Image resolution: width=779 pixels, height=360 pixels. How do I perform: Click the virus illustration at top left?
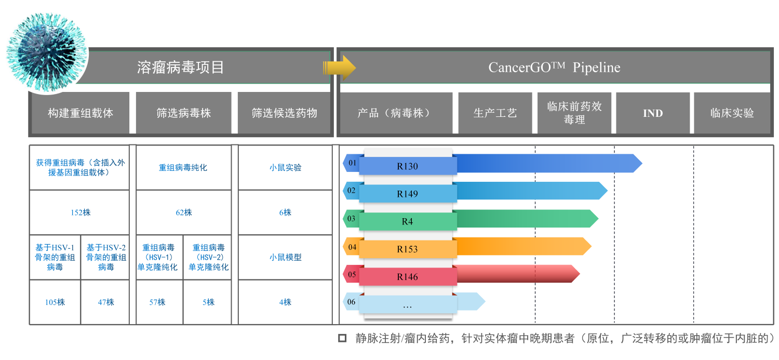[x=47, y=52]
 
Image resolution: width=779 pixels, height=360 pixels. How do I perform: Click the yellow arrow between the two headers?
[x=339, y=68]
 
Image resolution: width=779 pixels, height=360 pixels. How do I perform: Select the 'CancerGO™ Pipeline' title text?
[x=554, y=67]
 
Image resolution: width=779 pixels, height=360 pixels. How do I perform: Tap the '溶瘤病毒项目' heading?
[x=180, y=67]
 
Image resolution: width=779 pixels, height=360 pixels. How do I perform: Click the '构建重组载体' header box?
[x=80, y=113]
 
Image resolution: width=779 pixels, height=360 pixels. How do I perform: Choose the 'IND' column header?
[x=653, y=113]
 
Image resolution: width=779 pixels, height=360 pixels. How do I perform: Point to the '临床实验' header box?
[x=732, y=113]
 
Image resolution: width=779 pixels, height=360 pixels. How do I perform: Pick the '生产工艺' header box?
[x=495, y=113]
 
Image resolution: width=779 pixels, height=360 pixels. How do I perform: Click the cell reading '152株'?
[x=80, y=212]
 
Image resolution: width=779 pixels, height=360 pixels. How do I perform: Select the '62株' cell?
[x=184, y=212]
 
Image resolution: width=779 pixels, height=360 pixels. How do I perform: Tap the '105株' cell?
[x=55, y=302]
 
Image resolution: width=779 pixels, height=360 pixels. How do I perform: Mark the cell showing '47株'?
[x=106, y=302]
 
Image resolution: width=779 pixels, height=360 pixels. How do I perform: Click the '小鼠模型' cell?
[x=285, y=257]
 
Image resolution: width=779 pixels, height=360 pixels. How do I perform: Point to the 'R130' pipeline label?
[x=407, y=166]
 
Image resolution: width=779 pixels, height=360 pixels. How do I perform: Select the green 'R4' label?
[x=407, y=222]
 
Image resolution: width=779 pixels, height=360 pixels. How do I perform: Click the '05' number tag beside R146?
[x=352, y=274]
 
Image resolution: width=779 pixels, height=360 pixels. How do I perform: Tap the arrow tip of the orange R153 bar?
[x=591, y=246]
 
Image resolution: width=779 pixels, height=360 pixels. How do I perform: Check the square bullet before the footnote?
[x=343, y=338]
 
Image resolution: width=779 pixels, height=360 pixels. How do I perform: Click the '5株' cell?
[x=208, y=302]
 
